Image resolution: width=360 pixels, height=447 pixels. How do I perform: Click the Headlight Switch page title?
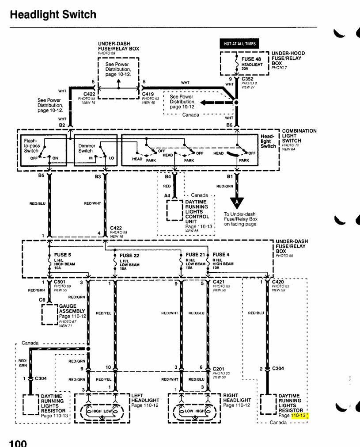pyautogui.click(x=53, y=15)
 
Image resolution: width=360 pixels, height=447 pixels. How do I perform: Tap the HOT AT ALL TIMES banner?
pyautogui.click(x=240, y=43)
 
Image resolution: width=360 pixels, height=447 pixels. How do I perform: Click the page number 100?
pyautogui.click(x=18, y=442)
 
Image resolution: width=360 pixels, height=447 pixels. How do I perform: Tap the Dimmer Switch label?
pyautogui.click(x=86, y=148)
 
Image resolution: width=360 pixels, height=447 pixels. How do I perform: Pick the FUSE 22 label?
pyautogui.click(x=129, y=256)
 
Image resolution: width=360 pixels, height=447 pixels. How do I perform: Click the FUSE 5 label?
pyautogui.click(x=62, y=255)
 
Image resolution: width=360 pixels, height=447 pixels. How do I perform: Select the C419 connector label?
pyautogui.click(x=148, y=94)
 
